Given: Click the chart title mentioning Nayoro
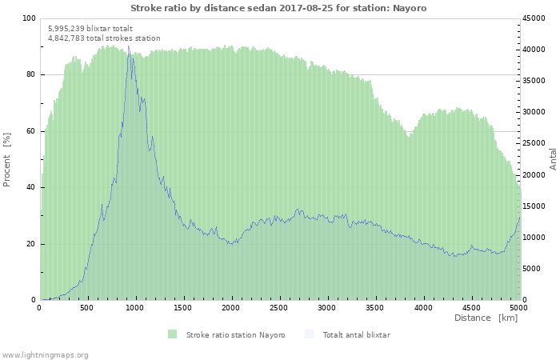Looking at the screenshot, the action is (x=278, y=8).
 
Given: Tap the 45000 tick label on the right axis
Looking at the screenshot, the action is (x=534, y=18).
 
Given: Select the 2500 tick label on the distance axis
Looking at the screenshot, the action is (x=278, y=307).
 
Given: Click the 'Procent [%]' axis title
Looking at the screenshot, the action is (x=6, y=160).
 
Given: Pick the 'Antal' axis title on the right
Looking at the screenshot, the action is (x=553, y=159).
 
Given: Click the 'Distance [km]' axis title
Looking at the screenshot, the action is (x=486, y=318).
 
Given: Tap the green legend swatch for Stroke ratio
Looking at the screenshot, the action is (x=172, y=334).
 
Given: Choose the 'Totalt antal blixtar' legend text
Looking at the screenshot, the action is (x=357, y=334).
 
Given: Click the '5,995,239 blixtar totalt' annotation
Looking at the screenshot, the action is (x=90, y=28).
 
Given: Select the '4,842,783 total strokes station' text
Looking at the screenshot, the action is (x=104, y=38).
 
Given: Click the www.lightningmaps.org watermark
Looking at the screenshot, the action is (x=45, y=355).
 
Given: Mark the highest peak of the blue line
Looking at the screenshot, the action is (x=129, y=46).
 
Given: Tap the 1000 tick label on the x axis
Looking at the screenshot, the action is (x=134, y=307).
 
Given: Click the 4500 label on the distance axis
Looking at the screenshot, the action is (x=471, y=307).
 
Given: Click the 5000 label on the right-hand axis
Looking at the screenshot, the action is (x=531, y=269).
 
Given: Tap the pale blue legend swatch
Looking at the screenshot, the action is (x=310, y=334).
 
